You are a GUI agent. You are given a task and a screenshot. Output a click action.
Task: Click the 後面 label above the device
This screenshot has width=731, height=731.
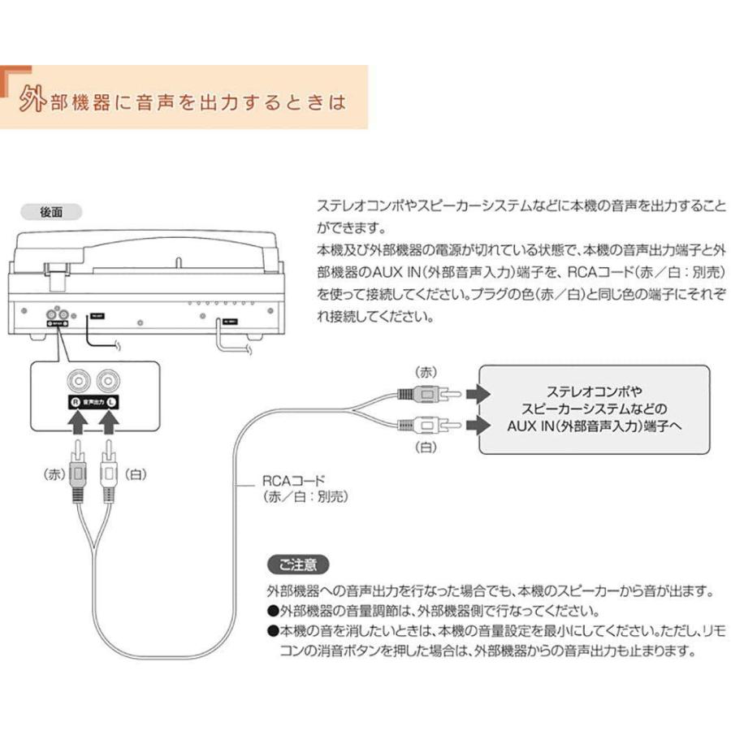(x=51, y=211)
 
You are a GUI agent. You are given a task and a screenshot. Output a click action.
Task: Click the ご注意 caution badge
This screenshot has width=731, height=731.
(x=298, y=563)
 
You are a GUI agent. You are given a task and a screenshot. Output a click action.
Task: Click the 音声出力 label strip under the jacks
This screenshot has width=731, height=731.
(x=93, y=402)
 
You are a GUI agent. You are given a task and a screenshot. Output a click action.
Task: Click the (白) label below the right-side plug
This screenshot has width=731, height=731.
(x=426, y=448)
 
